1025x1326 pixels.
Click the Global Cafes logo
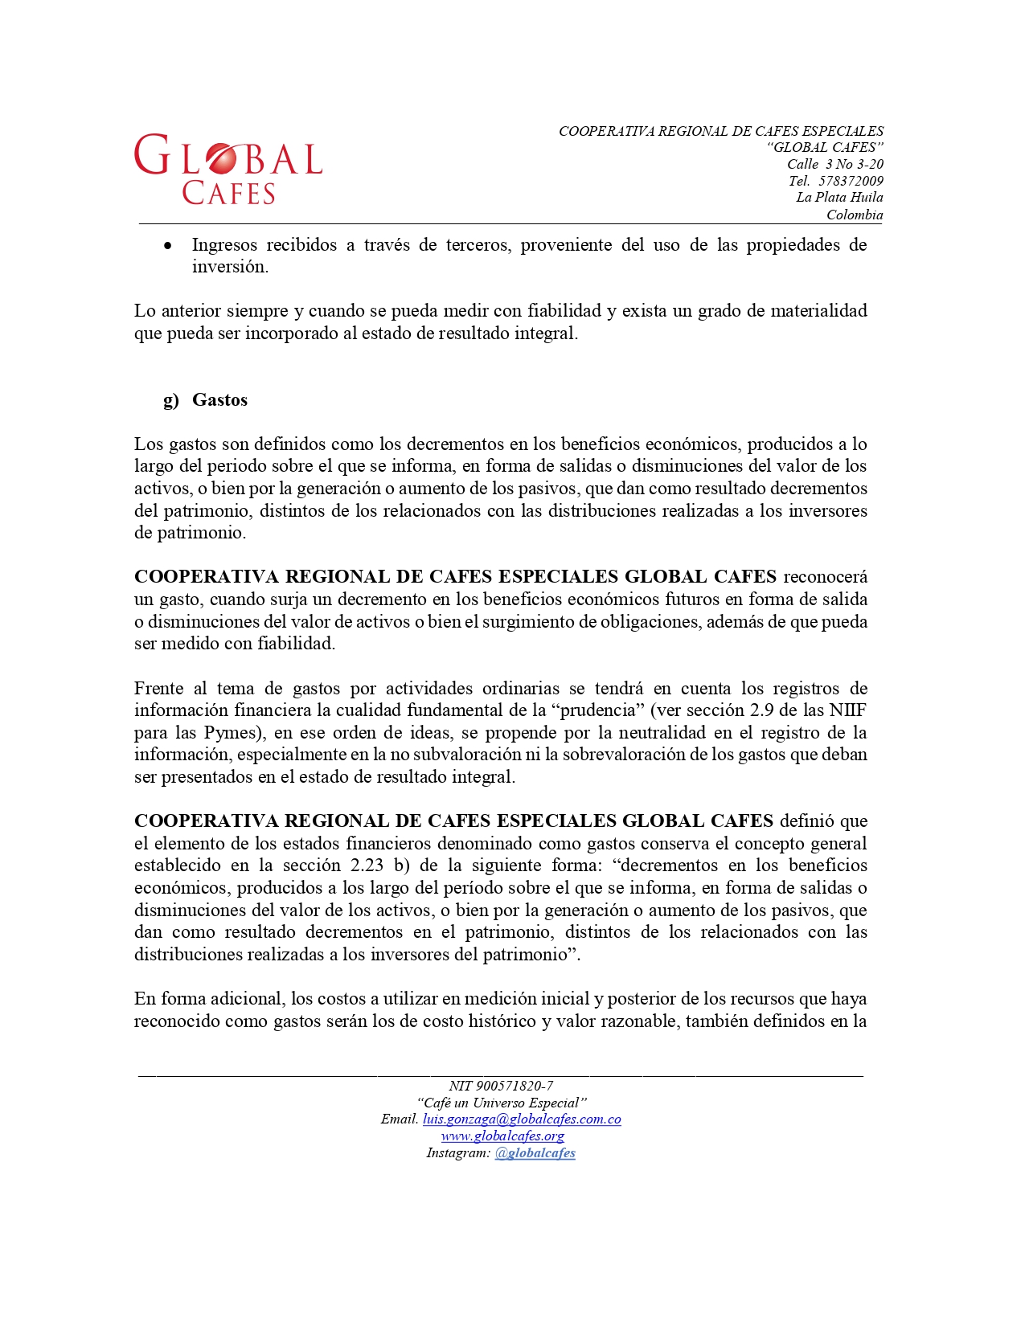[228, 169]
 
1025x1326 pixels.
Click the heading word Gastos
[219, 400]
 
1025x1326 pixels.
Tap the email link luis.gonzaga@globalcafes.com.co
[522, 1119]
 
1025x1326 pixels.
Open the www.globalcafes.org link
[502, 1136]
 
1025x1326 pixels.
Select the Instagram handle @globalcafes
[535, 1153]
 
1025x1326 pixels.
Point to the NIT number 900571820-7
[515, 1086]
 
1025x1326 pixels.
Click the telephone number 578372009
[851, 181]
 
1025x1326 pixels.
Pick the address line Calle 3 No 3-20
[834, 164]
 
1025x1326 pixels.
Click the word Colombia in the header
[855, 215]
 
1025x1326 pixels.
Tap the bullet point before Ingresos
[167, 246]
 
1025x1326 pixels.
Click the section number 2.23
[367, 866]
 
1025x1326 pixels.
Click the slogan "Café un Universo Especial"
[502, 1103]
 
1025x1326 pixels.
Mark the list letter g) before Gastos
[170, 400]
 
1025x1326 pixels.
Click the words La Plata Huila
[839, 198]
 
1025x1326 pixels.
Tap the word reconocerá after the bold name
[825, 577]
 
